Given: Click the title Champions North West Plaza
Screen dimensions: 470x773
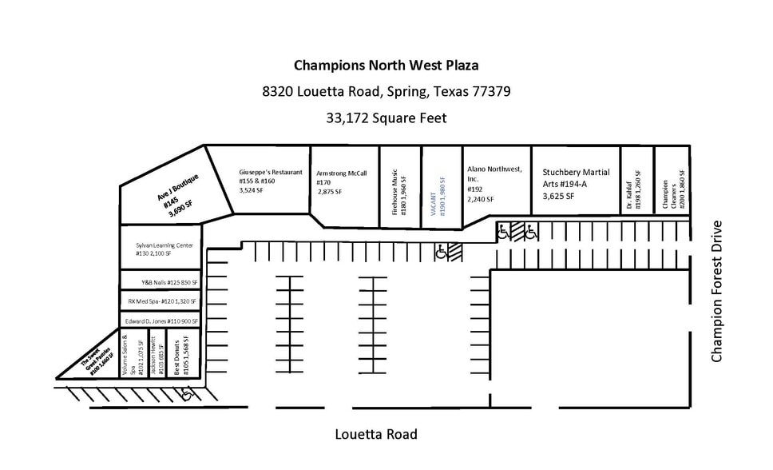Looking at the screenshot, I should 386,65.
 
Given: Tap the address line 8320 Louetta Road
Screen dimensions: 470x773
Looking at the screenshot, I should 386,91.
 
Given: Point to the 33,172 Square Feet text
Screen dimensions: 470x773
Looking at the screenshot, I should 386,117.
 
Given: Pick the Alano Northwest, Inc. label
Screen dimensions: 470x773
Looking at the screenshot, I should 494,183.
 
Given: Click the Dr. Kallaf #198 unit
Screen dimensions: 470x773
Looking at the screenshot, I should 635,189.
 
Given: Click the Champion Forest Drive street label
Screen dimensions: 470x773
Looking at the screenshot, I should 716,290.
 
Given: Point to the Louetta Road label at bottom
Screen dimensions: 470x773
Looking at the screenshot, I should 375,435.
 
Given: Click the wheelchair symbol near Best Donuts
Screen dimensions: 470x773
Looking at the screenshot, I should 187,392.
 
